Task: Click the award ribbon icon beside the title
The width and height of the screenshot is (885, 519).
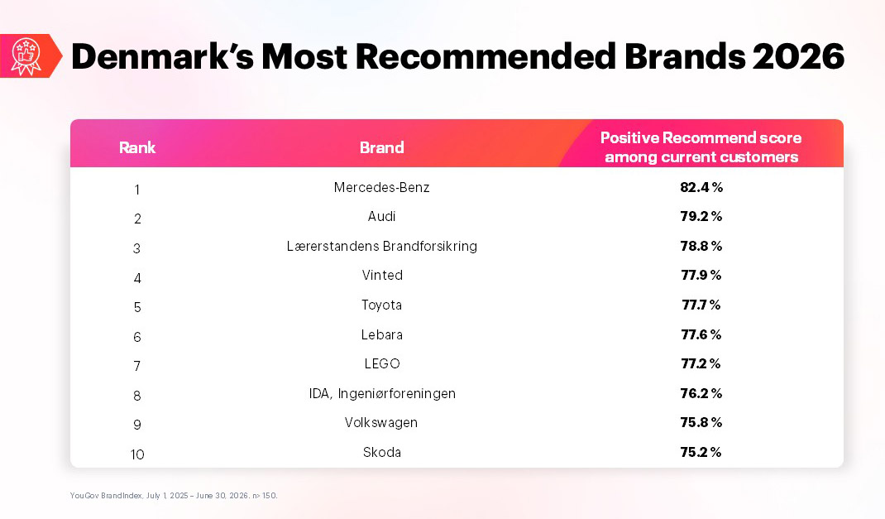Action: pos(26,56)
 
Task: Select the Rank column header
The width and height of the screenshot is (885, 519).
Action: pos(137,147)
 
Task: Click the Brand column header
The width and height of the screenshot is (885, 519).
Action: pos(382,147)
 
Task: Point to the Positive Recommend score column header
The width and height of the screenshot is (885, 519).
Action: pos(701,147)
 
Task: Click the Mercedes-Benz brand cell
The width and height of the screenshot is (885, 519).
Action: pos(381,187)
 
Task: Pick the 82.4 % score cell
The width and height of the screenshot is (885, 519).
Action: pos(701,187)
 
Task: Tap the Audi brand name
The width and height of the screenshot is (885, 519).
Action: pos(381,216)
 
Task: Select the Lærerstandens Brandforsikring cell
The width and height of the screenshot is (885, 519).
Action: pos(381,246)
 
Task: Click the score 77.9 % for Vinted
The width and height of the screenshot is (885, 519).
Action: pos(701,275)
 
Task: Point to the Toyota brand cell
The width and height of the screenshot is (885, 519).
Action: pos(381,305)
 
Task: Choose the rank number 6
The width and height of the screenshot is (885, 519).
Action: pos(137,337)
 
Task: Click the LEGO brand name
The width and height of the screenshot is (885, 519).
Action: pos(382,363)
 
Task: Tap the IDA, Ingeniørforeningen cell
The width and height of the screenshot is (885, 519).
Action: pos(382,394)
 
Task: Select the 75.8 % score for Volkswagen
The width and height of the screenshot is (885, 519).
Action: pos(701,422)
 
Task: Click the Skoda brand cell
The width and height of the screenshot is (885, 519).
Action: pos(382,452)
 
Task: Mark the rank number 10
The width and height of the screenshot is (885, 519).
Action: pos(137,454)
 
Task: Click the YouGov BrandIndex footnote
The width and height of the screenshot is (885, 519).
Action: pos(174,495)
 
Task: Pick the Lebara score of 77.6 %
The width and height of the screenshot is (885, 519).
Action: pos(701,334)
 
